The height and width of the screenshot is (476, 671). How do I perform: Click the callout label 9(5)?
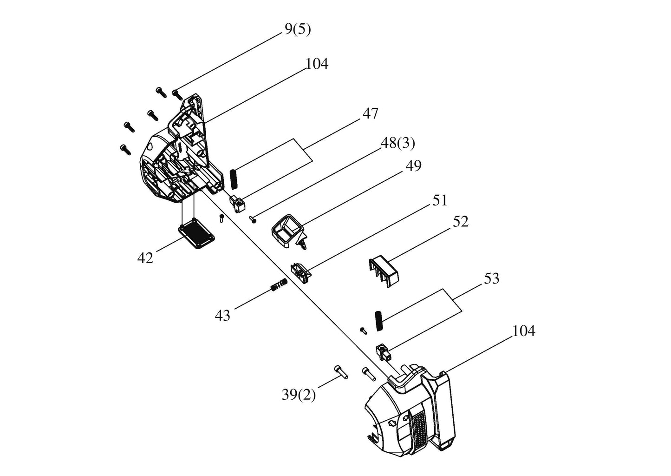tap(298, 29)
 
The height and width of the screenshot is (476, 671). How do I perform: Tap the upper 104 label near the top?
tap(317, 64)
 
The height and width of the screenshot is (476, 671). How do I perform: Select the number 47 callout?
tap(371, 114)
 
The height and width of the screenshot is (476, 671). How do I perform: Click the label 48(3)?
tap(398, 144)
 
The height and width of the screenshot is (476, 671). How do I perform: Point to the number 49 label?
tap(413, 165)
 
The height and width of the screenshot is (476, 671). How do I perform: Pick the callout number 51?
tap(439, 200)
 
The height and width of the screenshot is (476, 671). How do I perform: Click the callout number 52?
tap(461, 222)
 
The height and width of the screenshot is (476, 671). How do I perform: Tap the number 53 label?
tap(492, 278)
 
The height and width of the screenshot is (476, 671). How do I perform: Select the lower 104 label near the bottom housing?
tap(524, 331)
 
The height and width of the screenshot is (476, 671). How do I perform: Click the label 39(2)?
tap(299, 395)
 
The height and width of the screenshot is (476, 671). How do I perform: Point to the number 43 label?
tap(222, 316)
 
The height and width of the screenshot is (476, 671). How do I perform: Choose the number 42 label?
tap(145, 258)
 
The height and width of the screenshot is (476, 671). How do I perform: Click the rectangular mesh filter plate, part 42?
tap(196, 232)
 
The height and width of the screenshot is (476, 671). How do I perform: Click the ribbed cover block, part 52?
tap(384, 271)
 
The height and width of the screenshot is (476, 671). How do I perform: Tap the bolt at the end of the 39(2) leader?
tap(341, 372)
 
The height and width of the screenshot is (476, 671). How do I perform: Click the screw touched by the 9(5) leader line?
tap(177, 95)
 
